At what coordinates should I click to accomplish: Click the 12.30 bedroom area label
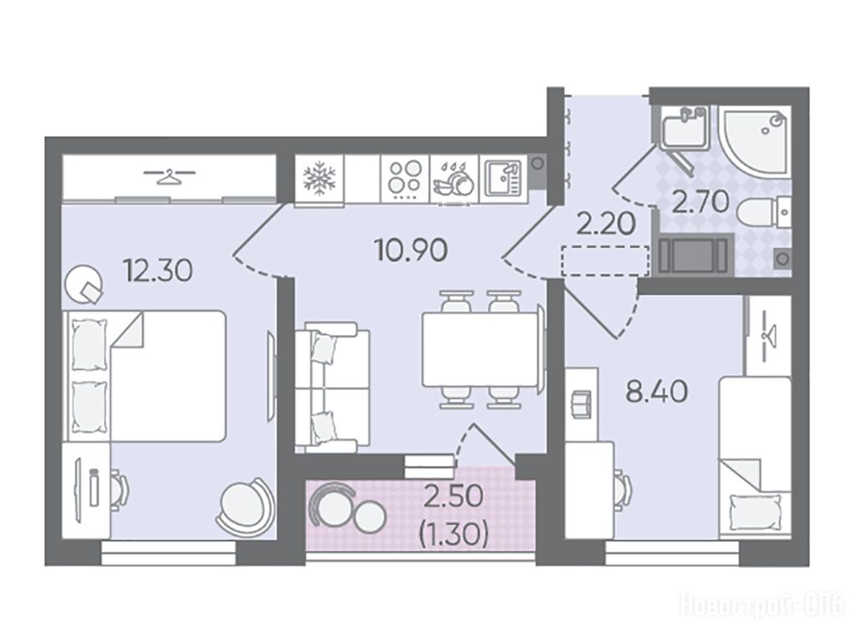click(158, 270)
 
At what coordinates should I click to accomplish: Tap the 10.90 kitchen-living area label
click(412, 250)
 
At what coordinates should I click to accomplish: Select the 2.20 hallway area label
click(607, 224)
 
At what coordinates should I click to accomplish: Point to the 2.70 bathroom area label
click(700, 201)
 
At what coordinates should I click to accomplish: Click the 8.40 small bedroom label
click(656, 392)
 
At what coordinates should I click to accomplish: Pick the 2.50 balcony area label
click(454, 496)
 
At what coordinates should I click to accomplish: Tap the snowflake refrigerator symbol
click(319, 179)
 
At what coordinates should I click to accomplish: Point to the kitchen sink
click(504, 179)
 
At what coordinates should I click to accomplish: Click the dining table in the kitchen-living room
click(481, 349)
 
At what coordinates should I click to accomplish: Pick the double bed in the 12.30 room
click(147, 376)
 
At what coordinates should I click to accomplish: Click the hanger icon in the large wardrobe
click(169, 177)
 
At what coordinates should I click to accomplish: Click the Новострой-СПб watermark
click(762, 606)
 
